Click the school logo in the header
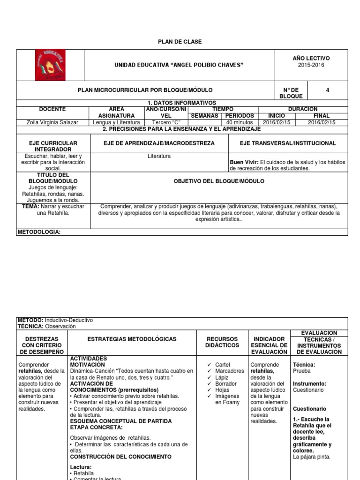click(50, 65)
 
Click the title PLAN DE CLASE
click(180, 42)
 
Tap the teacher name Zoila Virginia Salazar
click(52, 122)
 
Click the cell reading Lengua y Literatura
click(117, 122)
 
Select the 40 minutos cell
click(240, 122)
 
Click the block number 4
click(327, 90)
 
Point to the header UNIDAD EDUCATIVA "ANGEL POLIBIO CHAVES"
click(179, 65)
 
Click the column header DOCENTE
click(52, 109)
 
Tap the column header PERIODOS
click(240, 115)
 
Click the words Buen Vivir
click(244, 162)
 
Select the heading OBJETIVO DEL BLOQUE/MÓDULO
click(219, 181)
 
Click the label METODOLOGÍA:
click(39, 232)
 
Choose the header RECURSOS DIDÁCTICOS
click(222, 342)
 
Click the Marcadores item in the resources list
click(230, 371)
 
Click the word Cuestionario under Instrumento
click(308, 390)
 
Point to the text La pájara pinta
click(312, 457)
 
